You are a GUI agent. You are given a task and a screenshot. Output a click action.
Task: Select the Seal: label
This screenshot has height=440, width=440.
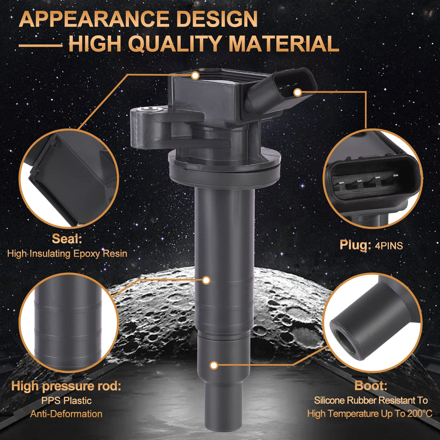[x=67, y=239]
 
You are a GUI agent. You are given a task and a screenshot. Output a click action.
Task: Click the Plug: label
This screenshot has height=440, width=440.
[x=355, y=245]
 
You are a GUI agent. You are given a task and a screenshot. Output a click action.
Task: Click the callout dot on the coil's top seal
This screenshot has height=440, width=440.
[x=195, y=75]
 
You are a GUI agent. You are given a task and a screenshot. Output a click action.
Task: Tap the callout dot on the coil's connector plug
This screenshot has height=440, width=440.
[x=297, y=92]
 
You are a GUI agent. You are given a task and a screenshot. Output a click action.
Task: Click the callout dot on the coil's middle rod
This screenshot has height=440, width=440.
[x=206, y=280]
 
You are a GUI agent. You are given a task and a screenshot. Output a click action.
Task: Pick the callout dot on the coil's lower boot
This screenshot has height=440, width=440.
[x=214, y=366]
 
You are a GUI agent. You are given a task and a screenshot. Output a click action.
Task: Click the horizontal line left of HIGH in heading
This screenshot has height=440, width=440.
[x=41, y=45]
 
